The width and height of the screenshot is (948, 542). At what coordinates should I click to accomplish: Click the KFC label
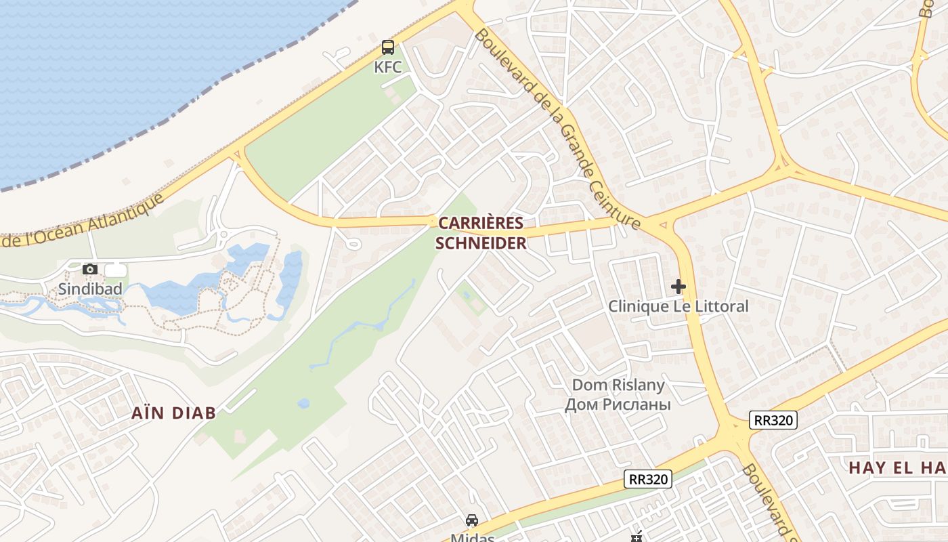click(388, 67)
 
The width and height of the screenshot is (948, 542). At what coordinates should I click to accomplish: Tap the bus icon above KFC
click(388, 47)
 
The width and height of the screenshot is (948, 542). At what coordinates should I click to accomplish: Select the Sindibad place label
click(90, 289)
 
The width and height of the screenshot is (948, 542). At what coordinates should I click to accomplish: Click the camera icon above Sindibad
click(90, 270)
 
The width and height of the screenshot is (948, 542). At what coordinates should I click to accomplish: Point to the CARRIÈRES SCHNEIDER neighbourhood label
click(481, 233)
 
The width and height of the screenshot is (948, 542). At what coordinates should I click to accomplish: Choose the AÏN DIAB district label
click(173, 413)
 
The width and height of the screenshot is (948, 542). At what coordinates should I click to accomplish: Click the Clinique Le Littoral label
click(678, 306)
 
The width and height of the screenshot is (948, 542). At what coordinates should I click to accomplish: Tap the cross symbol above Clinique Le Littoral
click(678, 287)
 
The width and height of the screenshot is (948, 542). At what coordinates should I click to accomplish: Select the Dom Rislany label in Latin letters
click(618, 385)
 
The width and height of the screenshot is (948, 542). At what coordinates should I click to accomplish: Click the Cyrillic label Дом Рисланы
click(618, 404)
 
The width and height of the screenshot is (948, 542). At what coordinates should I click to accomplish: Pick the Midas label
click(471, 538)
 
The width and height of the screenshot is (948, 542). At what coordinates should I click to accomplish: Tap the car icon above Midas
click(471, 520)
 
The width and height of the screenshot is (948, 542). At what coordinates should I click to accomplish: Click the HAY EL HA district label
click(898, 467)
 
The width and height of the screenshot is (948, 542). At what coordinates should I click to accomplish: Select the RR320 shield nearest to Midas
click(647, 479)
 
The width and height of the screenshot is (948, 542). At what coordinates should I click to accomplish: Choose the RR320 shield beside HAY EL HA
click(773, 420)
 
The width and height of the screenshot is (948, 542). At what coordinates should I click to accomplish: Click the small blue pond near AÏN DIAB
click(303, 404)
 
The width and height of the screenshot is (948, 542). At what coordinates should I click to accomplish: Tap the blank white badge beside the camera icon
click(116, 270)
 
